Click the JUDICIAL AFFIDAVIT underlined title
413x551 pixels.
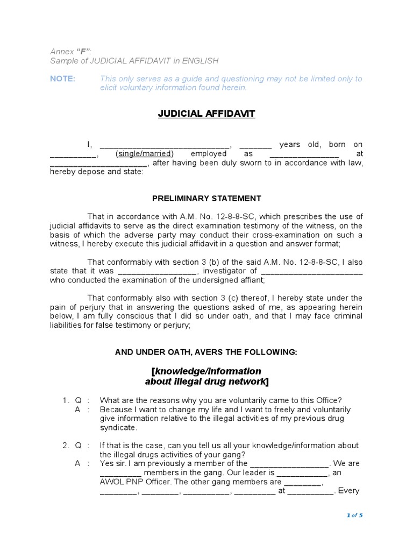(206, 114)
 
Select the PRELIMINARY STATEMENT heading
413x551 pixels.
(206, 199)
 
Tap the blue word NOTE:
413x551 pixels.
(63, 79)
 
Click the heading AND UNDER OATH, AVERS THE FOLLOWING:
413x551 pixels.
(206, 352)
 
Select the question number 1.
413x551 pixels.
(65, 400)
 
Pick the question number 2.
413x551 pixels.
(65, 446)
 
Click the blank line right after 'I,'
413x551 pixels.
(165, 145)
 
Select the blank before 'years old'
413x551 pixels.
(255, 145)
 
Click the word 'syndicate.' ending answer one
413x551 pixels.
(119, 428)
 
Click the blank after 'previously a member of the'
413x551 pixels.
(289, 463)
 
